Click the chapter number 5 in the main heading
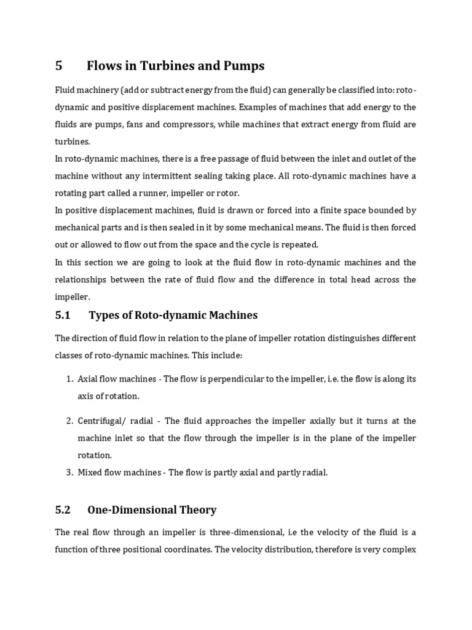coord(59,66)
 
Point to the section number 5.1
coord(63,316)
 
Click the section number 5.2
coord(63,510)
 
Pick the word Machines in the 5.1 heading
coord(229,316)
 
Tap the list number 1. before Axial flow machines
coord(70,379)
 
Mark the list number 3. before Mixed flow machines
coord(70,472)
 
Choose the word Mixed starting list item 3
coord(90,472)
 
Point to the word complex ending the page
coord(399,549)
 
